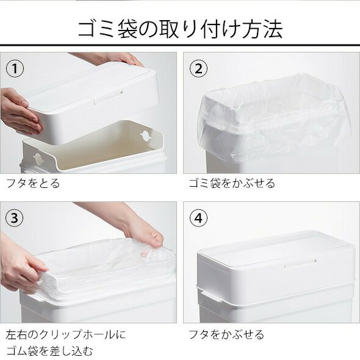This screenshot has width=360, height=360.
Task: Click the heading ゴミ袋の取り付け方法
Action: click(180, 29)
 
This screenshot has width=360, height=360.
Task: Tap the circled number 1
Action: click(15, 69)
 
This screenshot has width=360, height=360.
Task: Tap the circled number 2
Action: click(198, 69)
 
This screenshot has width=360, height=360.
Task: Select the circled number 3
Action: click(15, 218)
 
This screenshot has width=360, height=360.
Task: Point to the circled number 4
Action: click(198, 218)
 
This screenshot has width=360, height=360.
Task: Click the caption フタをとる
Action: click(33, 183)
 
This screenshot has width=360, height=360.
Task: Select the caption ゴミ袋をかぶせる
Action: click(232, 183)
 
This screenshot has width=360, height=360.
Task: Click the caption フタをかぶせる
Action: click(226, 334)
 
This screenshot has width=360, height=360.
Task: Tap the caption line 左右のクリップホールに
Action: click(66, 334)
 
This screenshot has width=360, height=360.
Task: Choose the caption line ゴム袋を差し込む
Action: click(49, 351)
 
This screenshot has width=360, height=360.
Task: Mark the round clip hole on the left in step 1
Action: click(38, 158)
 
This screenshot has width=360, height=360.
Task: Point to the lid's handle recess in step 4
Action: click(300, 264)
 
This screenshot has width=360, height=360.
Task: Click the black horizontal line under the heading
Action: click(180, 45)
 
